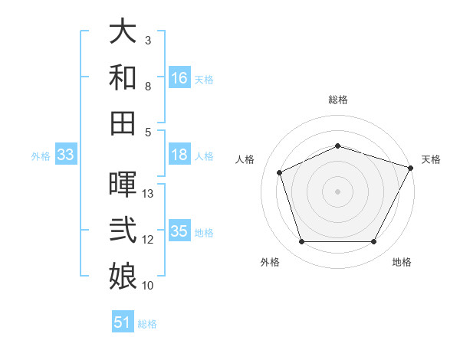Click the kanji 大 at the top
click(123, 31)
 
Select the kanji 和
click(123, 77)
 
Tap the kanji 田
click(123, 123)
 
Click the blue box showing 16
click(179, 78)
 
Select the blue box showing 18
click(179, 155)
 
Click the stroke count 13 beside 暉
click(149, 194)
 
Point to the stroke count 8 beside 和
click(149, 87)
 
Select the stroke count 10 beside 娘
click(149, 286)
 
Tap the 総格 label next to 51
click(147, 324)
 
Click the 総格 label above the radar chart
click(338, 100)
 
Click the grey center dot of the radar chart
click(338, 191)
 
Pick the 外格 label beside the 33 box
click(41, 156)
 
